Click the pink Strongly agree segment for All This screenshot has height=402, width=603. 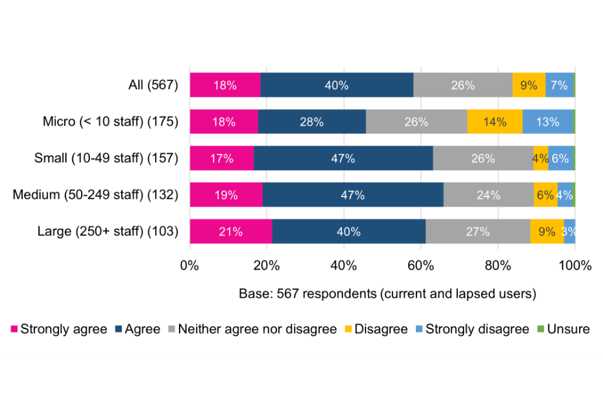(225, 85)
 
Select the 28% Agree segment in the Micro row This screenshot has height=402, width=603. (312, 122)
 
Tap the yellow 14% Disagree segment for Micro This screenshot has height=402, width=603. (495, 122)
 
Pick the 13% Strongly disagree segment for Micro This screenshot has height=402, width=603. (547, 122)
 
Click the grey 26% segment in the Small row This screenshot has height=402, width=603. (483, 158)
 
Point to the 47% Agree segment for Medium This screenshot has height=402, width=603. (352, 195)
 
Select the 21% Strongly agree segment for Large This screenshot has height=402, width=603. (231, 232)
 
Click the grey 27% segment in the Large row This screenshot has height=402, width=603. (477, 232)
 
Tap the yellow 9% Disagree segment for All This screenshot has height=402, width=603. (528, 85)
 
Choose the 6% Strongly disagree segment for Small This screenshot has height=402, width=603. (560, 158)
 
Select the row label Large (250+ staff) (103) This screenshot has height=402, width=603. (108, 232)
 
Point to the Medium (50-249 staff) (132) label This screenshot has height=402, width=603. (95, 195)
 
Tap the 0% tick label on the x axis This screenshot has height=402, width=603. (190, 265)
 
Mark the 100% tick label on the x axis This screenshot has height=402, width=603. (575, 265)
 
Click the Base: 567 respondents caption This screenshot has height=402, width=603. (387, 293)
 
